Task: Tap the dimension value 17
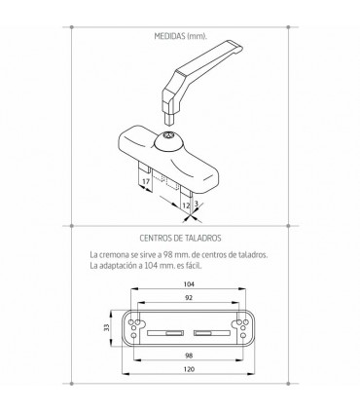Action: [144, 180]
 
